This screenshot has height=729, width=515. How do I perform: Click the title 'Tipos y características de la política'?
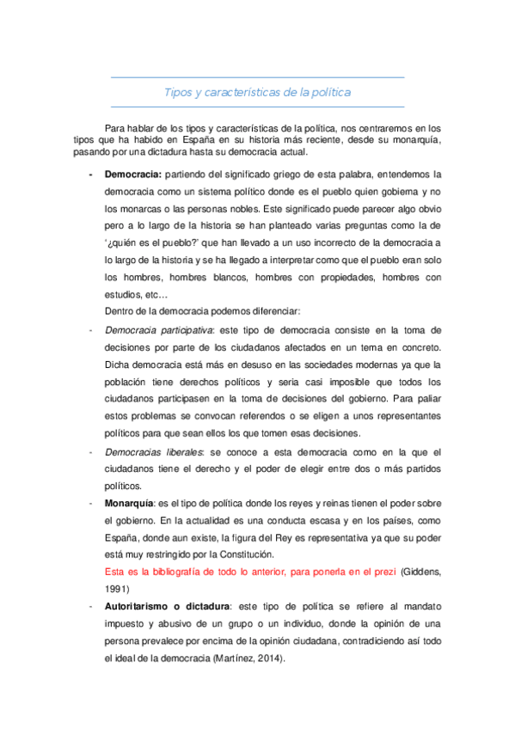tap(257, 91)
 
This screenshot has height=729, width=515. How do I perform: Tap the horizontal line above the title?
tap(257, 78)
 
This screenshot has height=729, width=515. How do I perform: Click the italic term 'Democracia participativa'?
tap(158, 329)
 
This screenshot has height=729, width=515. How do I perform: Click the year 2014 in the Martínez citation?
tap(270, 658)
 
